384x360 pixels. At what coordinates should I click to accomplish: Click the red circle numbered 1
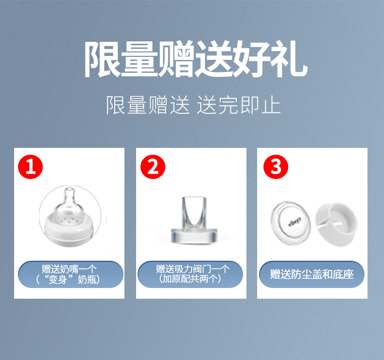(30, 167)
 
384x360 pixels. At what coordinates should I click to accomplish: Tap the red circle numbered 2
(153, 167)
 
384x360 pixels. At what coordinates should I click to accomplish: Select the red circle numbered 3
(276, 167)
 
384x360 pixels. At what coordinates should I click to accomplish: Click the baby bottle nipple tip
(70, 191)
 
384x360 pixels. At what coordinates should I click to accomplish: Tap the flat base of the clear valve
(194, 236)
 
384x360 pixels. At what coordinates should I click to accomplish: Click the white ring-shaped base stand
(336, 224)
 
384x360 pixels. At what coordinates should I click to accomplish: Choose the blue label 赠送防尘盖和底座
(312, 274)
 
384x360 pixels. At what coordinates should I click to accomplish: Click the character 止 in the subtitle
(271, 105)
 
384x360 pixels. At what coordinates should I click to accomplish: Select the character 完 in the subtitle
(228, 105)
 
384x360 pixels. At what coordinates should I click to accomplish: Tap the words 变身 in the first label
(57, 279)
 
